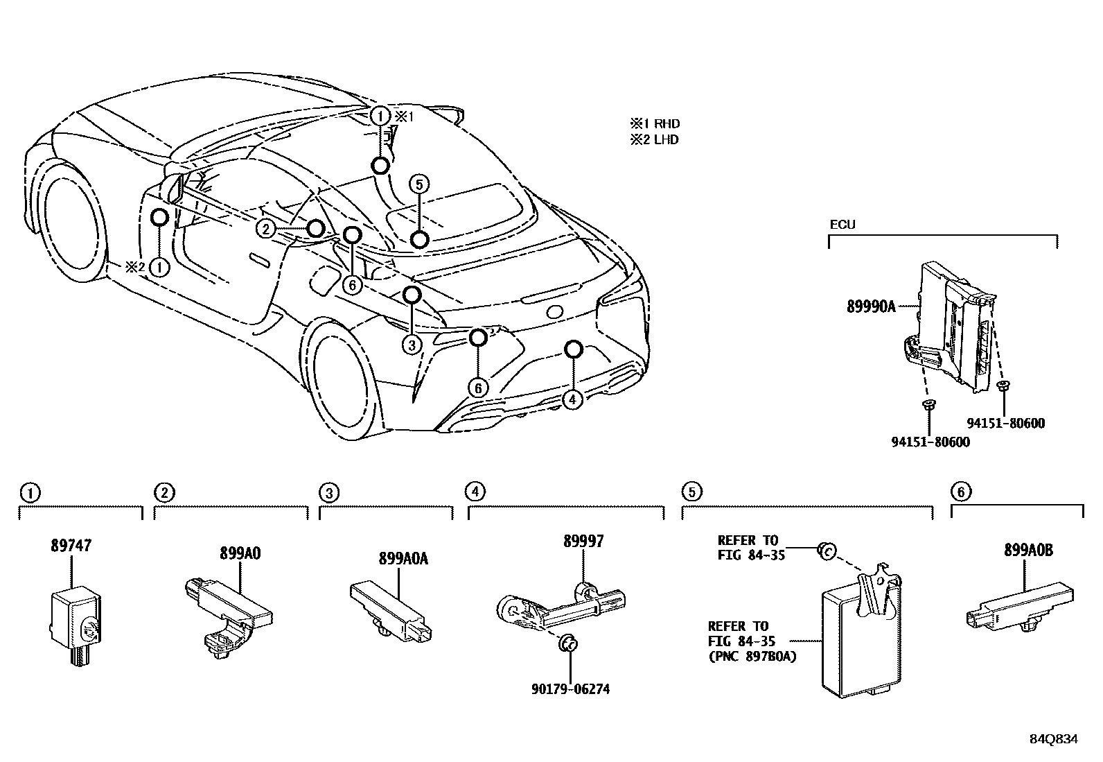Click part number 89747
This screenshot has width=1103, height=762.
(x=71, y=546)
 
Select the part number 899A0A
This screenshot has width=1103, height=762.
(x=403, y=558)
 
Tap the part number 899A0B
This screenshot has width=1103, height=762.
(x=1028, y=550)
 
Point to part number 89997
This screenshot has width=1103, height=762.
(x=583, y=541)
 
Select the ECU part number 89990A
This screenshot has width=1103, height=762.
(x=871, y=306)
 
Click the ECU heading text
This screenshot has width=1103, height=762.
(x=842, y=225)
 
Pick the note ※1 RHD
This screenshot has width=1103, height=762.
(x=654, y=124)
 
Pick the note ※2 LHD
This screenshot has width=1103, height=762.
(x=654, y=139)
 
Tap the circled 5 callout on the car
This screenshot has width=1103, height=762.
(x=418, y=184)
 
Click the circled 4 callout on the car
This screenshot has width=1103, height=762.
(x=572, y=399)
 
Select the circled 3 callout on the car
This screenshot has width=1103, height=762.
(x=412, y=344)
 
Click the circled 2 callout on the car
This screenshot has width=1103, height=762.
(x=265, y=228)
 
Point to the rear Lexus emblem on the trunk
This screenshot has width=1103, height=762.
(x=555, y=311)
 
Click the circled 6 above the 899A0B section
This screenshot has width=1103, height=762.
(x=960, y=492)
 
